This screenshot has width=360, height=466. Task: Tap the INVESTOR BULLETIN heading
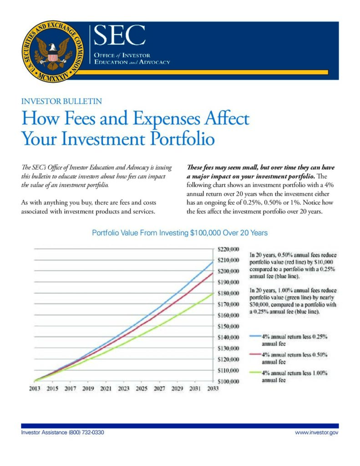coord(61,101)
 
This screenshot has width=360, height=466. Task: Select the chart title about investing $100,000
coord(180,233)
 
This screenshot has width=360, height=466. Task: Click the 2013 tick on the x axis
coord(35,389)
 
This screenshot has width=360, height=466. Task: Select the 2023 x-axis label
coord(123,389)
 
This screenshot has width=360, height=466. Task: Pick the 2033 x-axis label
coord(213,389)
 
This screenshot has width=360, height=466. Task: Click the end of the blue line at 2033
coord(213,262)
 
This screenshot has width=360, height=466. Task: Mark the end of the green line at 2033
coord(213,294)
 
